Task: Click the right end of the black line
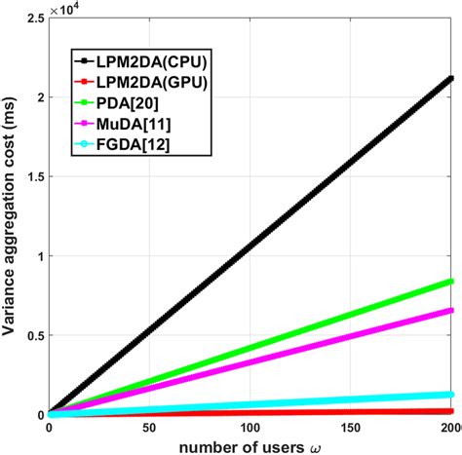[452, 78]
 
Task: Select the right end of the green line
[452, 281]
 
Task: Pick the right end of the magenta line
[452, 310]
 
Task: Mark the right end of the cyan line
[452, 395]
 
